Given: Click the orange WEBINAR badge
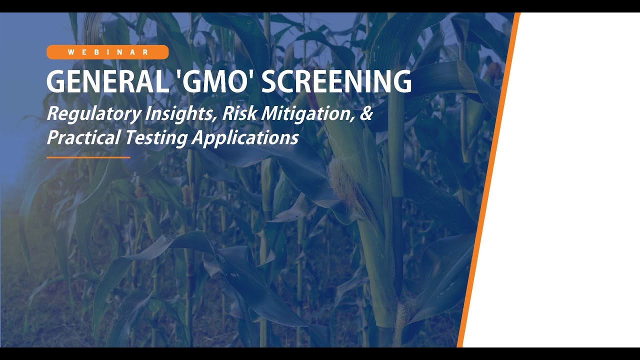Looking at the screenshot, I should click(x=107, y=52).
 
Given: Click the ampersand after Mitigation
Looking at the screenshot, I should click(x=366, y=114).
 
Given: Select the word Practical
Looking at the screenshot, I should click(x=83, y=138).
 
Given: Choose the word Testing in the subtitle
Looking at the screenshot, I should click(x=155, y=138).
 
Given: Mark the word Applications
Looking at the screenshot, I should click(x=245, y=138).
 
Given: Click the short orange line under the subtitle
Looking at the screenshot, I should click(x=88, y=157).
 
